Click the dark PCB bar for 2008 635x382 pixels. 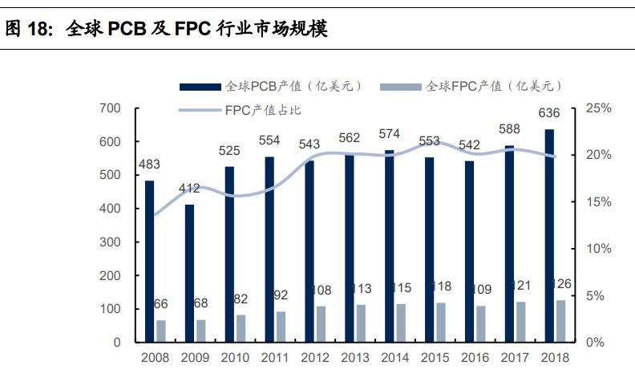click(x=149, y=261)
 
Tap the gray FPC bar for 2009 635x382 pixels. click(x=201, y=331)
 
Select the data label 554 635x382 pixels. click(x=269, y=140)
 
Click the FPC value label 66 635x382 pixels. click(x=161, y=304)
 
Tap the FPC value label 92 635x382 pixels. click(x=281, y=295)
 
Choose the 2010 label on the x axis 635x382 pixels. click(x=235, y=359)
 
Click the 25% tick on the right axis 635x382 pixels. click(x=599, y=108)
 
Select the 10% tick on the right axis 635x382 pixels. click(x=599, y=249)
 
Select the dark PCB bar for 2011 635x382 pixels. click(x=269, y=249)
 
